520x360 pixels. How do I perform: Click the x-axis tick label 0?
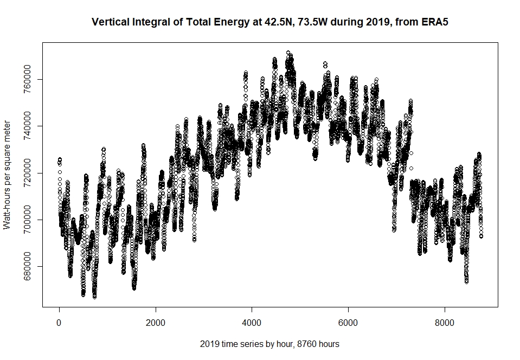click(59, 323)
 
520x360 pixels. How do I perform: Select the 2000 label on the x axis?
click(156, 323)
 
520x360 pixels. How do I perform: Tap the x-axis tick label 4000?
click(252, 323)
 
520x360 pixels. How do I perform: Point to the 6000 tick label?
click(348, 323)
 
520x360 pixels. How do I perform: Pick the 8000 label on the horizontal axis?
click(445, 323)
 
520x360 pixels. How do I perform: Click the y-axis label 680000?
click(27, 266)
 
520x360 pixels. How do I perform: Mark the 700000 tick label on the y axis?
click(27, 220)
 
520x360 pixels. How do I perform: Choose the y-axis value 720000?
click(27, 173)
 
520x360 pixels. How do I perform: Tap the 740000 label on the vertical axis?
click(27, 126)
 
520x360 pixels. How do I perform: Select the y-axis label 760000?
click(27, 79)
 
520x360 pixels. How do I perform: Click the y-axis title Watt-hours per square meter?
click(7, 175)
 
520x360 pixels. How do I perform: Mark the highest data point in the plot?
click(288, 53)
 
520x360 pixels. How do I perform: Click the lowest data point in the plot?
click(95, 297)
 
